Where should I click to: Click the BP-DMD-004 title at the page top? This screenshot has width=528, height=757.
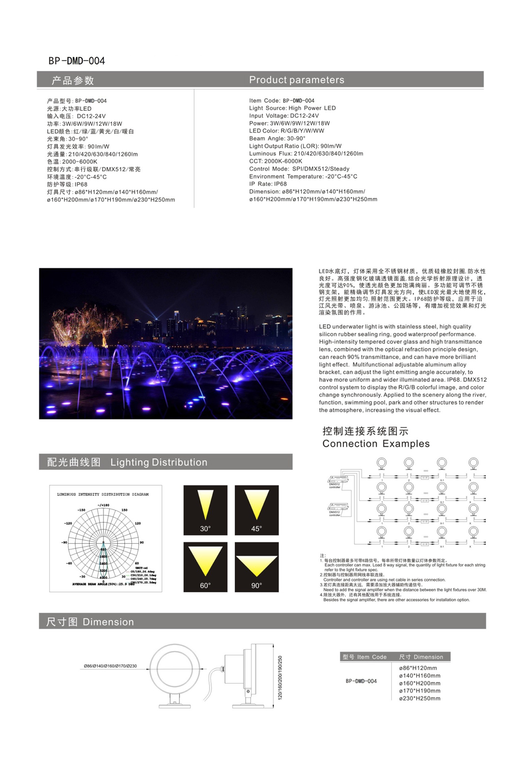pyautogui.click(x=77, y=61)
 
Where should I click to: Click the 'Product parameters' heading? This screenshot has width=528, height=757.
pyautogui.click(x=297, y=80)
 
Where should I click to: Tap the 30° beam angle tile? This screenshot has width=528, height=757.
pyautogui.click(x=205, y=510)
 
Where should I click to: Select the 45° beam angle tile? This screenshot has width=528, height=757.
pyautogui.click(x=257, y=510)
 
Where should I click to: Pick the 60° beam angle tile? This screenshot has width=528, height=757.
pyautogui.click(x=205, y=567)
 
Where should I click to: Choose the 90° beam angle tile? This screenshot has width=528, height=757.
pyautogui.click(x=257, y=567)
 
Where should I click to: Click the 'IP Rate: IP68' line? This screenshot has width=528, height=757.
pyautogui.click(x=268, y=184)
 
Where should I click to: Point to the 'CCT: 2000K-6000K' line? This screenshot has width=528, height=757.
pyautogui.click(x=276, y=161)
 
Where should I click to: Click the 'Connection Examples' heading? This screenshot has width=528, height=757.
pyautogui.click(x=376, y=444)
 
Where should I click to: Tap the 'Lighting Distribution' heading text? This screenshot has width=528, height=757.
pyautogui.click(x=159, y=462)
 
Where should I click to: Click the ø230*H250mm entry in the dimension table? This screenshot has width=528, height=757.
pyautogui.click(x=420, y=698)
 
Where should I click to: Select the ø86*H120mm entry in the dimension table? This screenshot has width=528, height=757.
pyautogui.click(x=418, y=668)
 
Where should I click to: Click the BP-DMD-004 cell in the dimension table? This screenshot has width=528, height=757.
pyautogui.click(x=361, y=681)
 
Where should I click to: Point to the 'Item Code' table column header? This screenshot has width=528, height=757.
pyautogui.click(x=372, y=657)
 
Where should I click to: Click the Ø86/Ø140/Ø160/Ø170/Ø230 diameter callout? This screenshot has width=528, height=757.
pyautogui.click(x=110, y=666)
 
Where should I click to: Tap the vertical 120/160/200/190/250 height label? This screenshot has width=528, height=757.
pyautogui.click(x=280, y=678)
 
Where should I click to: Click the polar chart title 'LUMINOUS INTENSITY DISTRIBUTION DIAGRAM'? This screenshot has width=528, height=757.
pyautogui.click(x=103, y=495)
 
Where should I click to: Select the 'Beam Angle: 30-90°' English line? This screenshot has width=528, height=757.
pyautogui.click(x=277, y=139)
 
